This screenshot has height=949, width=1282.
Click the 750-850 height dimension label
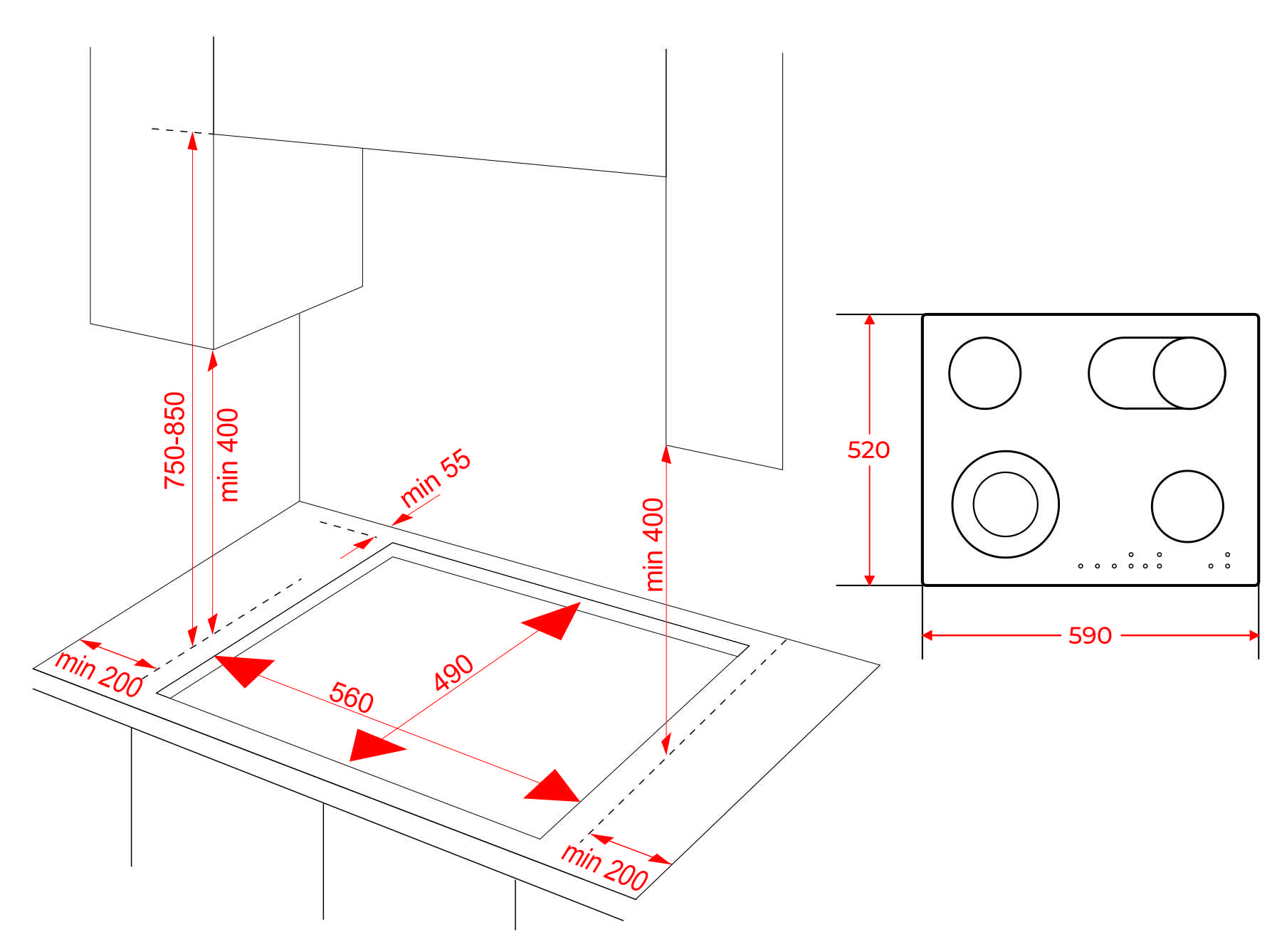coord(174,440)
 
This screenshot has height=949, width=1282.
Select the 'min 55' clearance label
coord(435,478)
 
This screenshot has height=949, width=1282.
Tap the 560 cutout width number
coord(351,696)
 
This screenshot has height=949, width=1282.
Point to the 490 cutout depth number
coord(453,672)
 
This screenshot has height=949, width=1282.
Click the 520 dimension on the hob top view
coord(868,450)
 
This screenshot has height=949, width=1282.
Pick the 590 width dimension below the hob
coord(1090,635)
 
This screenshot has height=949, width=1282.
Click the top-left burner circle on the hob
coord(984,373)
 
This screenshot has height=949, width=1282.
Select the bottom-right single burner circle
coord(1187,506)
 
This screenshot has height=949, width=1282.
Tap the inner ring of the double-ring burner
coord(1005,504)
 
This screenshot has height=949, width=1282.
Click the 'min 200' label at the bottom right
coord(604,866)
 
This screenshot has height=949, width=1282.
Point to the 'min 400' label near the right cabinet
coord(653,544)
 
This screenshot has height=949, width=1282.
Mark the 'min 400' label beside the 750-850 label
coord(228,455)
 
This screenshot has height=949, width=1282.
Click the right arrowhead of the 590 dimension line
coord(1254,635)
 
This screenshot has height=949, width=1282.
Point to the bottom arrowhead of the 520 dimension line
coord(869,579)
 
